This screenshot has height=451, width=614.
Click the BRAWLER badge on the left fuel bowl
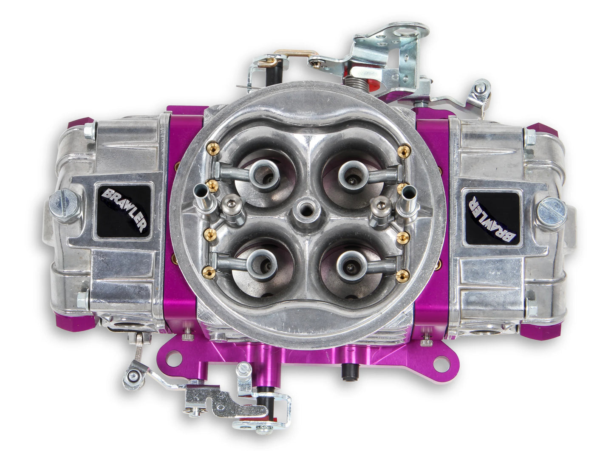click(x=124, y=210)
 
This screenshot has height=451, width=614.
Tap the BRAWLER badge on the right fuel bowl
click(x=492, y=217)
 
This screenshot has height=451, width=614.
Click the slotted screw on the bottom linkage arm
click(x=245, y=370)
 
